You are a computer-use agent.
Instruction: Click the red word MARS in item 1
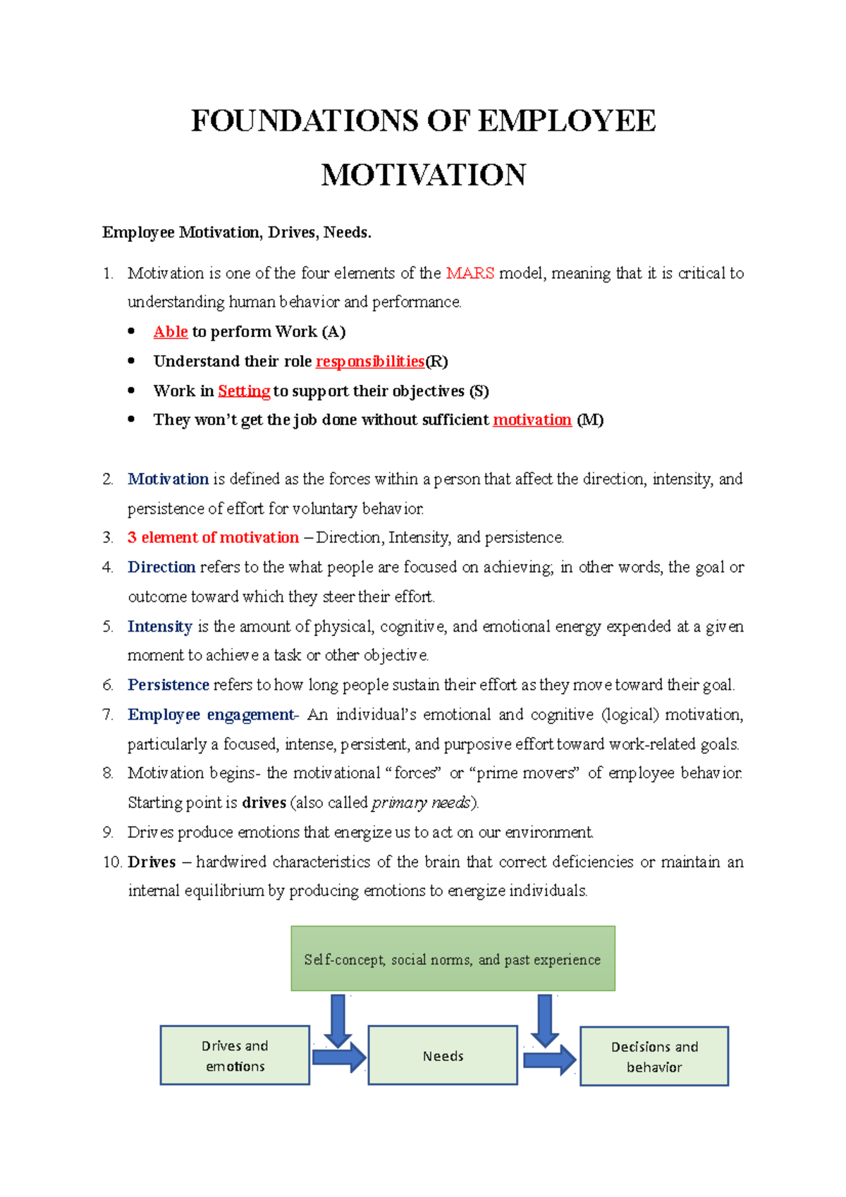tap(470, 273)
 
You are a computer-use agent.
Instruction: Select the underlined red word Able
tap(171, 331)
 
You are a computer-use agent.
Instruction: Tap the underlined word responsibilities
tap(370, 361)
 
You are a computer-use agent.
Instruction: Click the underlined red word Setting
tap(244, 391)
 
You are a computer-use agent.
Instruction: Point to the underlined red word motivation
tap(532, 419)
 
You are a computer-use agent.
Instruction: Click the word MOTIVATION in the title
tap(423, 175)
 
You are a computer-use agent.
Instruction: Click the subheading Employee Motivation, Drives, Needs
tap(236, 233)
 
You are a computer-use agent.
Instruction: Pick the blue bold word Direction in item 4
tap(161, 567)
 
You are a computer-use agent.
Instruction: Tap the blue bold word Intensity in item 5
tap(160, 626)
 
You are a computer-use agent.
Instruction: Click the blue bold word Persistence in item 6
tap(168, 685)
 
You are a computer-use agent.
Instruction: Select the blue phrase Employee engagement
tap(211, 714)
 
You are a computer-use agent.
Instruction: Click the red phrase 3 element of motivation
tap(213, 537)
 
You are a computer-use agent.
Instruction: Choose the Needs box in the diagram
tap(443, 1055)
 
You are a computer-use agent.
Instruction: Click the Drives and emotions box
tap(235, 1055)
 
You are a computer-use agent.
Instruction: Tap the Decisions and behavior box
tap(654, 1056)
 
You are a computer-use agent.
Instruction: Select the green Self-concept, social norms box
tap(453, 959)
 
